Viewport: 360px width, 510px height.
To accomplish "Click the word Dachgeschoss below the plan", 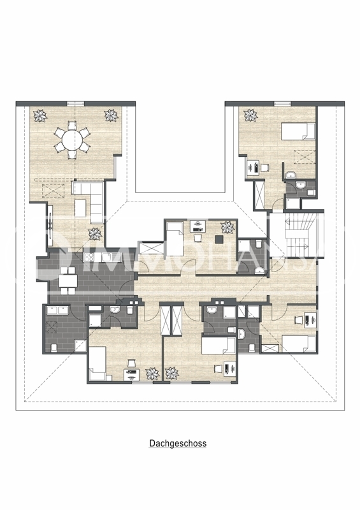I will tap(178, 443).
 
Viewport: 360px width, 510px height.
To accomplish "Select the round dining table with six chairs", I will tap(71, 140).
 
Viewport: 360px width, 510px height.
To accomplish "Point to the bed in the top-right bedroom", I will tap(299, 132).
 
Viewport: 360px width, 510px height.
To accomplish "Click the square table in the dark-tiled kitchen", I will tap(68, 279).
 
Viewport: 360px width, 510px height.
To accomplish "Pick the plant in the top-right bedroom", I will tap(250, 115).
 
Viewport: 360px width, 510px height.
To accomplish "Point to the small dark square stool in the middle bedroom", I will tap(219, 238).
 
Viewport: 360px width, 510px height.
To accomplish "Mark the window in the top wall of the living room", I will tap(76, 103).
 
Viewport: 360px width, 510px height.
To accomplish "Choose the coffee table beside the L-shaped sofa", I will tap(80, 208).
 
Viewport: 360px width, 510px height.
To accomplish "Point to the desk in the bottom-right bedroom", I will tap(310, 318).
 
